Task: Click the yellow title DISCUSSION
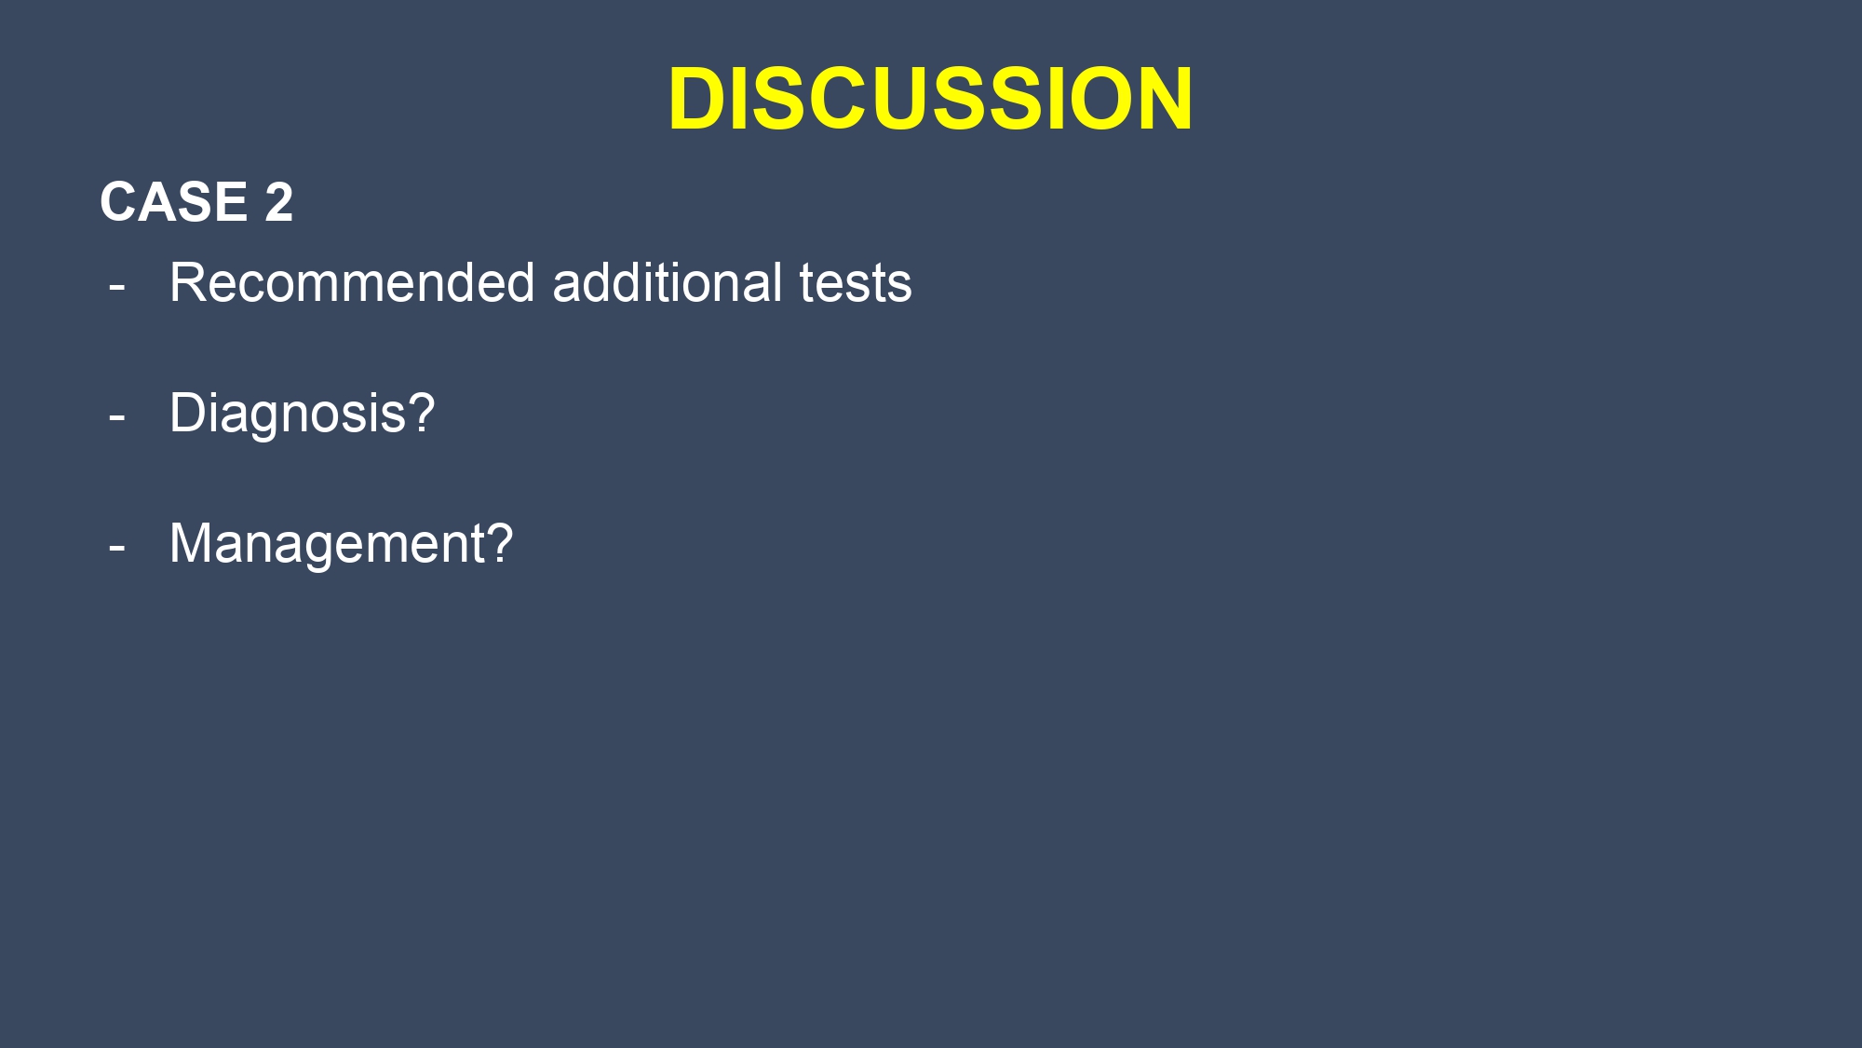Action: tap(930, 98)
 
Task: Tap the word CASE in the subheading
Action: tap(174, 201)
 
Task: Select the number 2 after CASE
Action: tap(278, 201)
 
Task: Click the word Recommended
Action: tap(352, 282)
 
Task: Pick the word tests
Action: tap(856, 284)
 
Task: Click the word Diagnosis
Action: tap(288, 414)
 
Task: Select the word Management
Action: tap(327, 544)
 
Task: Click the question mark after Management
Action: tap(500, 542)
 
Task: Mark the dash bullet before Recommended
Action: tap(117, 287)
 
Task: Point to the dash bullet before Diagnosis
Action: tap(117, 417)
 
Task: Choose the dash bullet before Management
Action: tap(117, 548)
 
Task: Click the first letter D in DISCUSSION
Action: tap(699, 98)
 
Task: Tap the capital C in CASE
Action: tap(119, 201)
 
